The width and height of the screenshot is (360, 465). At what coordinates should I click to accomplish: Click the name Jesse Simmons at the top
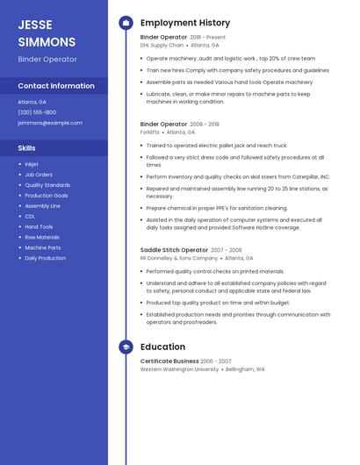47,32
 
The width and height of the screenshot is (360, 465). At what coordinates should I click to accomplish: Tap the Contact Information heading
56,86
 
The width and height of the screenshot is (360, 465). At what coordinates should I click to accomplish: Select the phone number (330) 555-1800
37,112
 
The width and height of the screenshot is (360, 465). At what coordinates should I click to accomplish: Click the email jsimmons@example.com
50,123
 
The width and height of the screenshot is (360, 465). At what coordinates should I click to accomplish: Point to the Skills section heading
27,148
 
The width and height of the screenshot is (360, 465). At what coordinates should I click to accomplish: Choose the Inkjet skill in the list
32,164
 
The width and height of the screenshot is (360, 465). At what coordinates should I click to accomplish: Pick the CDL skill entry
30,216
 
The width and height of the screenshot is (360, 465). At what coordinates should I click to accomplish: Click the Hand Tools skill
39,226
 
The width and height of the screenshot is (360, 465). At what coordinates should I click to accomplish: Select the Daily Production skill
45,258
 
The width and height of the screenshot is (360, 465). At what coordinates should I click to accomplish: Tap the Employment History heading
185,23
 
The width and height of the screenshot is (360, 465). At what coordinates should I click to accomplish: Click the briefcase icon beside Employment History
126,23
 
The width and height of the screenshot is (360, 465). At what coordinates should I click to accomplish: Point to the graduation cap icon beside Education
126,347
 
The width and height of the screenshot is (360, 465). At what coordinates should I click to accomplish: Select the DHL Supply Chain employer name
162,45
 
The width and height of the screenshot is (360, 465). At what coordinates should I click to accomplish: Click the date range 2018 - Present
207,38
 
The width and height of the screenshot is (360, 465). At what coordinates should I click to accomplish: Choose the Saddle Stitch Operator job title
174,250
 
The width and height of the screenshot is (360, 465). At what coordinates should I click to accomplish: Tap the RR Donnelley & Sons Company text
179,258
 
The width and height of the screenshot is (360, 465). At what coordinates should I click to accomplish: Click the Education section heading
162,347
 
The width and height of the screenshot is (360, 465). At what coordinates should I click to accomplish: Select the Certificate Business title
169,361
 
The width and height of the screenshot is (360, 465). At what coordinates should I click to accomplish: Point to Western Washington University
179,369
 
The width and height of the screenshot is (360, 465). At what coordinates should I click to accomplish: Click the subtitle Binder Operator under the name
47,60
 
